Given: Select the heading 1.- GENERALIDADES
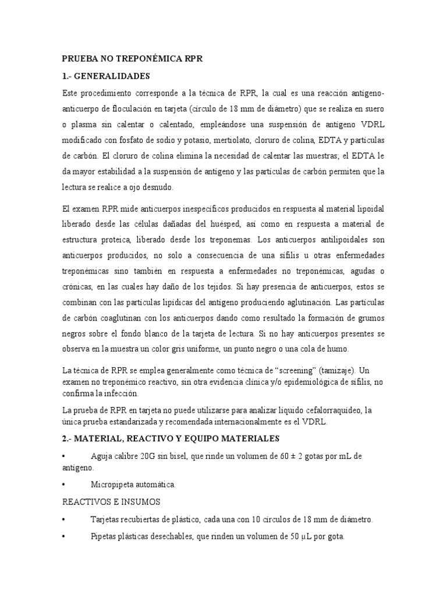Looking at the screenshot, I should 106,76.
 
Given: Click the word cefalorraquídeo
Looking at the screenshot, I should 326,410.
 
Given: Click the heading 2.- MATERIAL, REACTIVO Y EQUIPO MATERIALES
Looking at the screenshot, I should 171,438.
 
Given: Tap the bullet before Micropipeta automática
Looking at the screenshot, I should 63,484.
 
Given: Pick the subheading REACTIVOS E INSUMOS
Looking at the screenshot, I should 111,501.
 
